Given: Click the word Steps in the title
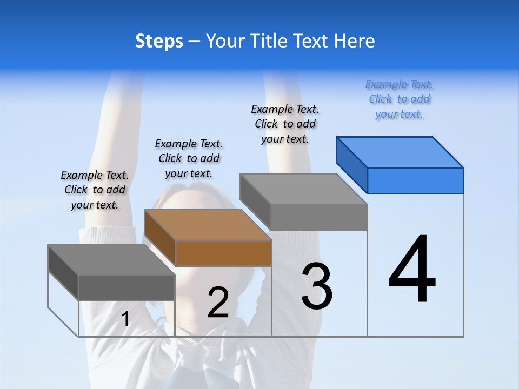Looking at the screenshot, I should click(x=159, y=41).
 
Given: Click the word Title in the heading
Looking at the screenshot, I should click(x=270, y=41).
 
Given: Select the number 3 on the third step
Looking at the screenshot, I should click(x=317, y=286).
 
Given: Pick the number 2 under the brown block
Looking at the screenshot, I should click(x=218, y=303).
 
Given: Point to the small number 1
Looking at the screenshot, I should click(x=125, y=319).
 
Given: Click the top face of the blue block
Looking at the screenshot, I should click(x=400, y=152).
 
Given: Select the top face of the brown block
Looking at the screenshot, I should click(x=208, y=224).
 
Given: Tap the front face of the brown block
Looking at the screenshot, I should click(x=223, y=253).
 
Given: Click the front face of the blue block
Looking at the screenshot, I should click(x=415, y=180).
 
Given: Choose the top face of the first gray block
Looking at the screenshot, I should click(x=111, y=259).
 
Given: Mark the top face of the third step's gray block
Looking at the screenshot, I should click(x=303, y=189).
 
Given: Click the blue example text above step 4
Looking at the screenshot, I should click(x=399, y=99).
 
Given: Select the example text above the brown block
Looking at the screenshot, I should click(x=189, y=158).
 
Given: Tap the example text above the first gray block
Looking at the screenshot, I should click(x=95, y=190).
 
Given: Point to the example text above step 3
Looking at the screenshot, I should click(x=285, y=124).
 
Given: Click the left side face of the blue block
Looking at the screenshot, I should click(x=352, y=164).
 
